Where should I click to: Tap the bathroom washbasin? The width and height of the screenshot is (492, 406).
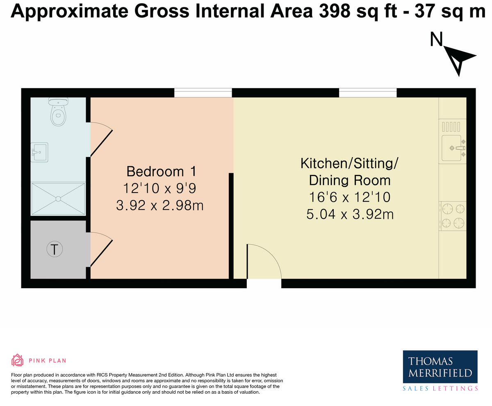(39, 152)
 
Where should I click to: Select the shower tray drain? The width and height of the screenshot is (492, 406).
(58, 199)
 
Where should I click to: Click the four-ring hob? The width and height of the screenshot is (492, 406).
(453, 216)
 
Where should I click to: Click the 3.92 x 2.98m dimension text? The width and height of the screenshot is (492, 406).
(159, 205)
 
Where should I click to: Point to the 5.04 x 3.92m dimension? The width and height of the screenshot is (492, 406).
(350, 214)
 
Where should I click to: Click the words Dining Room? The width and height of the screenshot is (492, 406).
(349, 180)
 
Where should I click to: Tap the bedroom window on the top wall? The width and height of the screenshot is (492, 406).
(203, 93)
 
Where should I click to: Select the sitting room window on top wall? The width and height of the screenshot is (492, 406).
(368, 93)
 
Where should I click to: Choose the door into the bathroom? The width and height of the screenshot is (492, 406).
(100, 140)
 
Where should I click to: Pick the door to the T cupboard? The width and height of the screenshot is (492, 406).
(100, 250)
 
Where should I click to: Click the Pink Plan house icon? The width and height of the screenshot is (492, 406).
(17, 360)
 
